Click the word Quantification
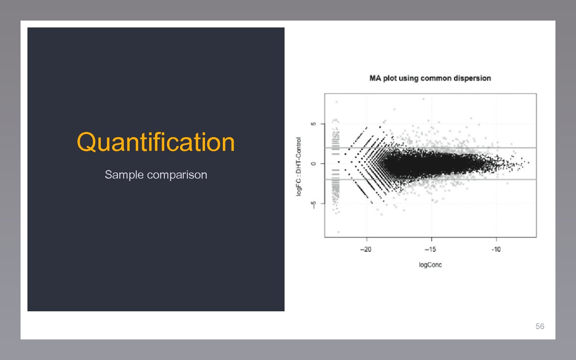pos(156,142)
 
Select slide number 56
pos(540,326)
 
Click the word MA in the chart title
pos(375,78)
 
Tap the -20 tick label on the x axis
pos(366,249)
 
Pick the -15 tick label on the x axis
pos(431,249)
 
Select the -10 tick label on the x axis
pos(496,249)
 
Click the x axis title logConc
pos(430,265)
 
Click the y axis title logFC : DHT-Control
pos(299,166)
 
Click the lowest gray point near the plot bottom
pos(338,232)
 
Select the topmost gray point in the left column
pos(337,102)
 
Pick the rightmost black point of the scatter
pos(528,163)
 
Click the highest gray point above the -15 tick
pos(423,99)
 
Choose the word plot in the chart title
pos(390,78)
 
